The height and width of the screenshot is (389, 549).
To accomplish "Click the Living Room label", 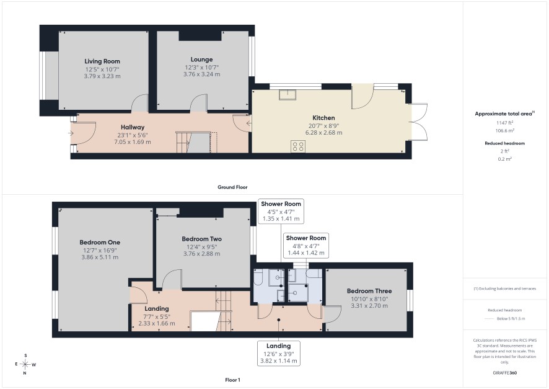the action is coord(102,61).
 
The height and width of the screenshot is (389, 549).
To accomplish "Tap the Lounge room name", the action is coord(201,60).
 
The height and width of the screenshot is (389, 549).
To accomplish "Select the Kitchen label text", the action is coord(323,118).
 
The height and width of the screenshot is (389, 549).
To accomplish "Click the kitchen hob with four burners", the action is coord(298,146).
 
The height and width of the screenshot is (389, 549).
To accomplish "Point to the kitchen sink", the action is coord(288,95).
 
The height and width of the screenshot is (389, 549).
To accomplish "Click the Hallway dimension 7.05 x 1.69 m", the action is coord(133,142).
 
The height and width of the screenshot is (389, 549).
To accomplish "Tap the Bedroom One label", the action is coord(100,242).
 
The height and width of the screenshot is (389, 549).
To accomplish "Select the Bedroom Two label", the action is coord(201,239).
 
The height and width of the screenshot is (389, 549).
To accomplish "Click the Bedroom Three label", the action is coord(369,291).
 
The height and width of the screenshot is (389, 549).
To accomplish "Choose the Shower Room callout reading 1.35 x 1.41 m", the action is coord(281,212).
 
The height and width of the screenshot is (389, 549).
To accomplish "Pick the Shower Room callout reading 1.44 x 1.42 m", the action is coord(306,245).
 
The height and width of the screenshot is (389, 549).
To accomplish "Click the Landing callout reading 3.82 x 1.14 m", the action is coord(279,353).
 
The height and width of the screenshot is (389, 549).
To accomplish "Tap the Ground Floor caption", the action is coord(232,187).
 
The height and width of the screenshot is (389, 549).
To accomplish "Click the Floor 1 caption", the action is coord(232,380).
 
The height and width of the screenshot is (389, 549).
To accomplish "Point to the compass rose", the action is coord(25,364).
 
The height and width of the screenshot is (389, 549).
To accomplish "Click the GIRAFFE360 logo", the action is coord(504,372).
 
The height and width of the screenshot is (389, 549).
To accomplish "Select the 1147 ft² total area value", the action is coord(504,123).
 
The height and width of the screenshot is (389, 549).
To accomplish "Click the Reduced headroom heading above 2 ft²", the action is coord(504,143).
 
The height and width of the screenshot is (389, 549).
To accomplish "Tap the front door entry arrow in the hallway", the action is coord(71,133).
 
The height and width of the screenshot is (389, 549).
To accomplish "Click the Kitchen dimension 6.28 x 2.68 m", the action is coord(324,133).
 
